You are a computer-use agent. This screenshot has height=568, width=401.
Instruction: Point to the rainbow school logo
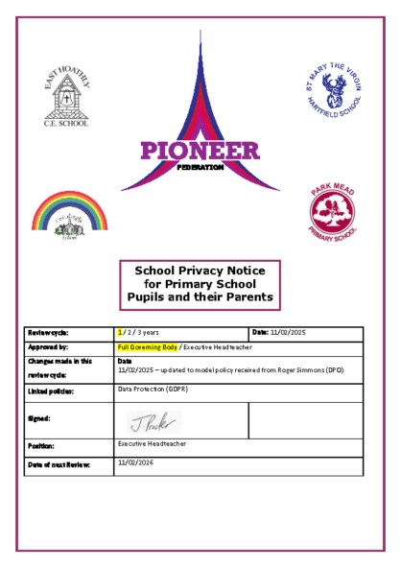point(71,213)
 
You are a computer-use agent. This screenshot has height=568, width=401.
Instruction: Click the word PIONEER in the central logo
point(200,151)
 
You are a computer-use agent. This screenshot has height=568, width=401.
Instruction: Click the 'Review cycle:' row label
point(51,333)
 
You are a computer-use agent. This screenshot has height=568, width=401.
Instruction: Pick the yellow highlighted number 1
point(120,332)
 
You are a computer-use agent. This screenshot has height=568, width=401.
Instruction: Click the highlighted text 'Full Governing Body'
point(148,346)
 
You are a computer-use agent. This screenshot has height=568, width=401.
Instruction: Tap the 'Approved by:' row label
point(49,347)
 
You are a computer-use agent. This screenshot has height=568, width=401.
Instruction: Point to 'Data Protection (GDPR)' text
point(152,390)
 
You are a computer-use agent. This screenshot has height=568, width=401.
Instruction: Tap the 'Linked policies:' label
point(52,391)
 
